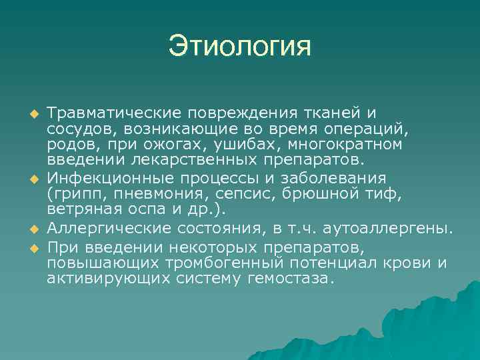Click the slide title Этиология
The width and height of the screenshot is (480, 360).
[x=240, y=47]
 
